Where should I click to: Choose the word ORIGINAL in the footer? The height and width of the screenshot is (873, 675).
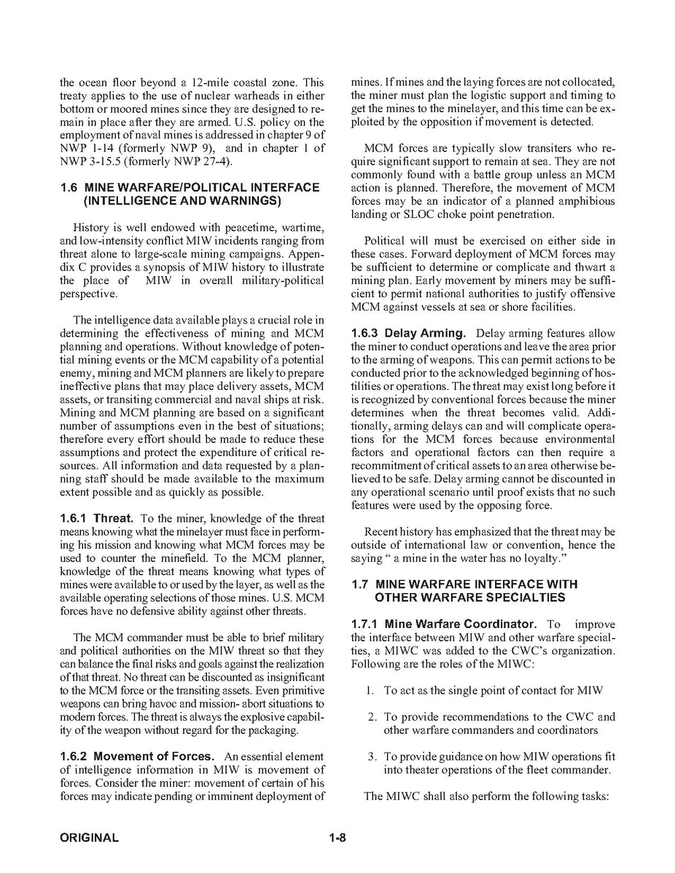pyautogui.click(x=89, y=838)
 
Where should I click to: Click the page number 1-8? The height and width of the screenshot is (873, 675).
pyautogui.click(x=337, y=838)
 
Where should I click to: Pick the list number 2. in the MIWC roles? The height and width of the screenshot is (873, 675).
pyautogui.click(x=372, y=717)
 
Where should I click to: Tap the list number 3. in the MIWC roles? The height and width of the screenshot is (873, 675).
pyautogui.click(x=372, y=757)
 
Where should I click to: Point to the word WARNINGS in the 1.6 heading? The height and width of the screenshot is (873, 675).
pyautogui.click(x=238, y=200)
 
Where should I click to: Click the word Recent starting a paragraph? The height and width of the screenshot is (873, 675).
pyautogui.click(x=381, y=532)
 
